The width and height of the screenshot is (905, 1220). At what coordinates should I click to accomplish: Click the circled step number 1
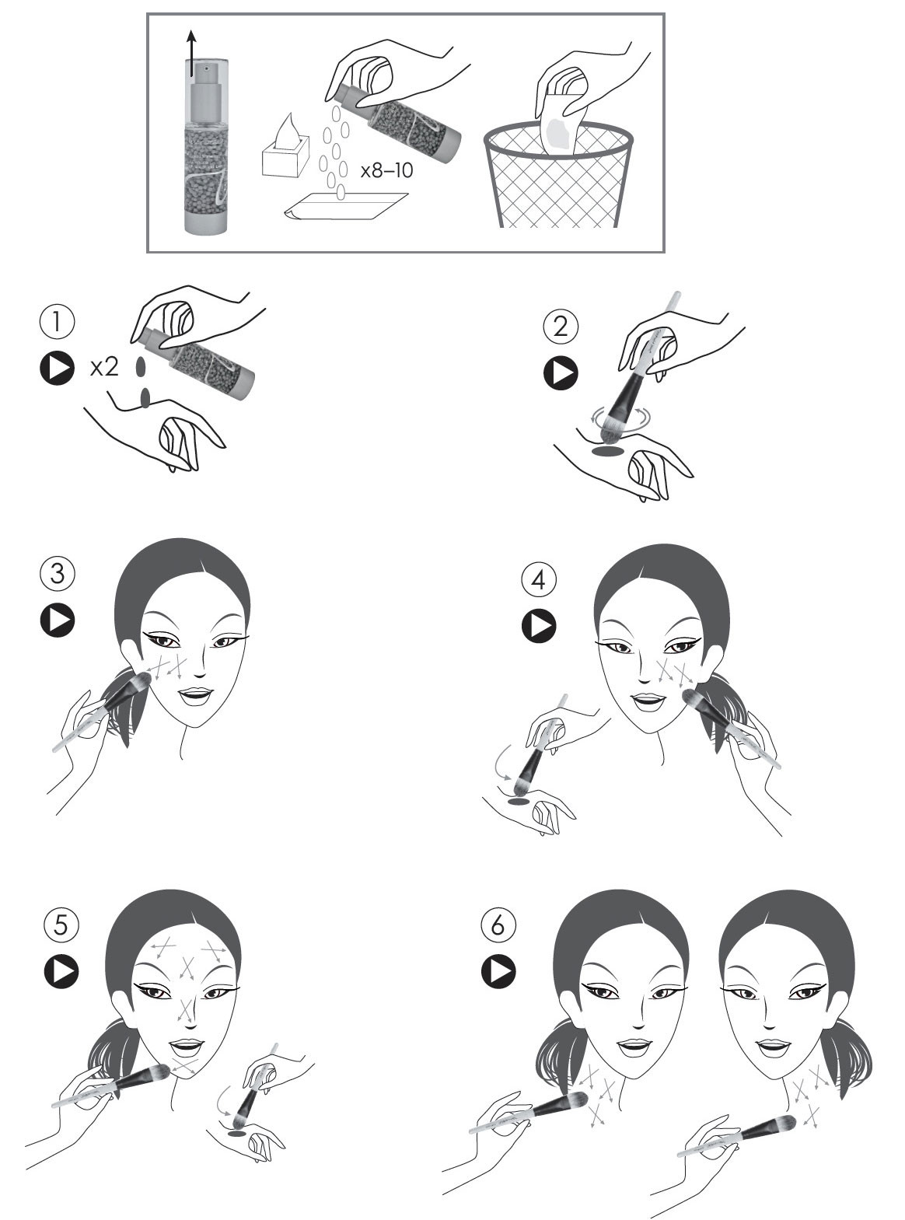(x=58, y=322)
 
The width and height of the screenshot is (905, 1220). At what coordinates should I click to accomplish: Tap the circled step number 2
(x=561, y=327)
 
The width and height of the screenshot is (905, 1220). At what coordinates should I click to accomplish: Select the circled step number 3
(x=58, y=574)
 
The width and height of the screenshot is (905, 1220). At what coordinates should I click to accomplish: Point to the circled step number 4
(x=539, y=579)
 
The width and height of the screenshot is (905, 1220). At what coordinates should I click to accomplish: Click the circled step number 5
(x=61, y=924)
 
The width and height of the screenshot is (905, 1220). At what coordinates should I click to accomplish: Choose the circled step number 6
(x=498, y=924)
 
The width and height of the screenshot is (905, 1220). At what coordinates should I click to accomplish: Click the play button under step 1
(x=58, y=368)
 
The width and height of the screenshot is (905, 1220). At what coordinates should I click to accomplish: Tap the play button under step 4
(x=539, y=625)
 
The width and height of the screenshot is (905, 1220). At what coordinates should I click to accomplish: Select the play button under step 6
(x=498, y=971)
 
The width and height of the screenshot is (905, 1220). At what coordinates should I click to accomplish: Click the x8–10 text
(x=386, y=170)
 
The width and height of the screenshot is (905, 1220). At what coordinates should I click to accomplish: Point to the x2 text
(x=104, y=367)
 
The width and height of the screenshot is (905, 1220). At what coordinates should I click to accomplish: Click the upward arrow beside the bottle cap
(x=191, y=53)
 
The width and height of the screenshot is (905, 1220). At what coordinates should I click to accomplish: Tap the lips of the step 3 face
(x=196, y=695)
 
